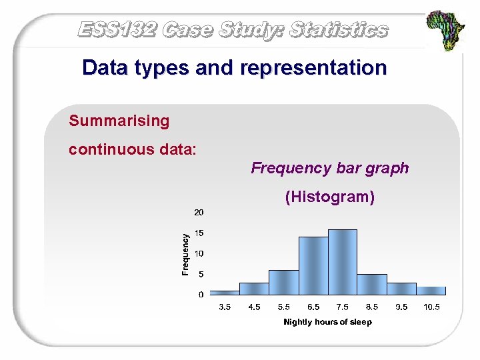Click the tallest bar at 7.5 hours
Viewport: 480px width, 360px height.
[342, 262]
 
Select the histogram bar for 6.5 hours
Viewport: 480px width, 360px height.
[313, 265]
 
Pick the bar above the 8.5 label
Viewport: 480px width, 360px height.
[371, 284]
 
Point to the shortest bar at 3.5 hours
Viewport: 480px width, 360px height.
[225, 292]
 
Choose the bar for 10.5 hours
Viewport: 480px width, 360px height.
[431, 291]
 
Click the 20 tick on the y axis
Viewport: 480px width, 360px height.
[199, 213]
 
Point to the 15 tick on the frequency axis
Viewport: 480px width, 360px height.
[199, 233]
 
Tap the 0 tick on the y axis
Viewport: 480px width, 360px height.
[201, 294]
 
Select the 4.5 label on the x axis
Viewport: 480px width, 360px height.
[254, 307]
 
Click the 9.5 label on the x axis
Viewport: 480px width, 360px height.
[401, 307]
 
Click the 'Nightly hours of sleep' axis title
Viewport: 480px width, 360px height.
[327, 322]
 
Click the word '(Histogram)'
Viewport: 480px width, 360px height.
[329, 197]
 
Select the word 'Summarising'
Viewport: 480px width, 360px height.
[119, 121]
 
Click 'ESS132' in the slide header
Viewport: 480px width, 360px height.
[117, 30]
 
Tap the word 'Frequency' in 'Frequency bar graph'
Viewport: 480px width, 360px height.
[285, 168]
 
